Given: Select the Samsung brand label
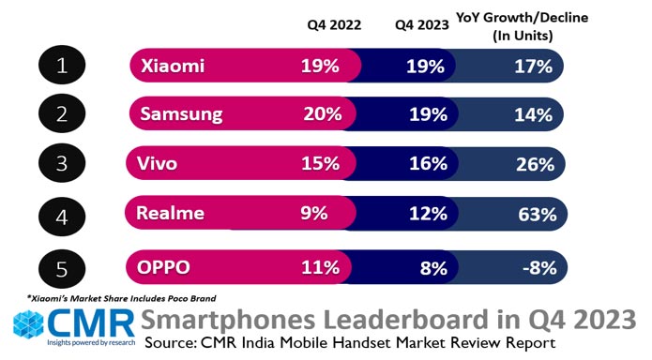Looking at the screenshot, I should [x=181, y=115].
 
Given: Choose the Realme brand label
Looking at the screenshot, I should [x=172, y=213].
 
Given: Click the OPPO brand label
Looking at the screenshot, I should [x=165, y=267].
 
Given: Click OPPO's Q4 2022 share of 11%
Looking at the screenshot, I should [x=320, y=267].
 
